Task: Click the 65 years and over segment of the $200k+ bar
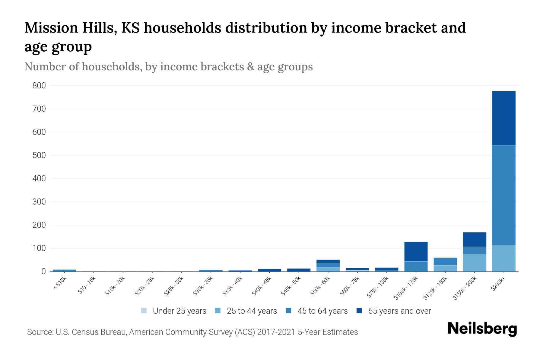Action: (503, 118)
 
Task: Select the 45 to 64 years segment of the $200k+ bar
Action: (503, 195)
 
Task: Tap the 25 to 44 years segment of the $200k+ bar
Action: (503, 258)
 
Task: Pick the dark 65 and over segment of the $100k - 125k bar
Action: (416, 251)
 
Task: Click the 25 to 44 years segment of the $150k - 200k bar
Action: (474, 262)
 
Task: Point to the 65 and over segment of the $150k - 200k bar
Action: (474, 240)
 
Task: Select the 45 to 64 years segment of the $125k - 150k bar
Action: (445, 261)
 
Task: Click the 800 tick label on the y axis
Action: (39, 86)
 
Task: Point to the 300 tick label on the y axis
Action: (39, 202)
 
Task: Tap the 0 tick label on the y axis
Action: (43, 271)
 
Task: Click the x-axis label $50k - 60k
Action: (320, 287)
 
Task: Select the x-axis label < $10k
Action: (60, 284)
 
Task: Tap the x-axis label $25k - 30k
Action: (174, 287)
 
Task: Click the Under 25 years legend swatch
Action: (144, 311)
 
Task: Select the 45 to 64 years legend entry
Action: (322, 311)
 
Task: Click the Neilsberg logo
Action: (482, 329)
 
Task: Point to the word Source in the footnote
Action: (40, 332)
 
